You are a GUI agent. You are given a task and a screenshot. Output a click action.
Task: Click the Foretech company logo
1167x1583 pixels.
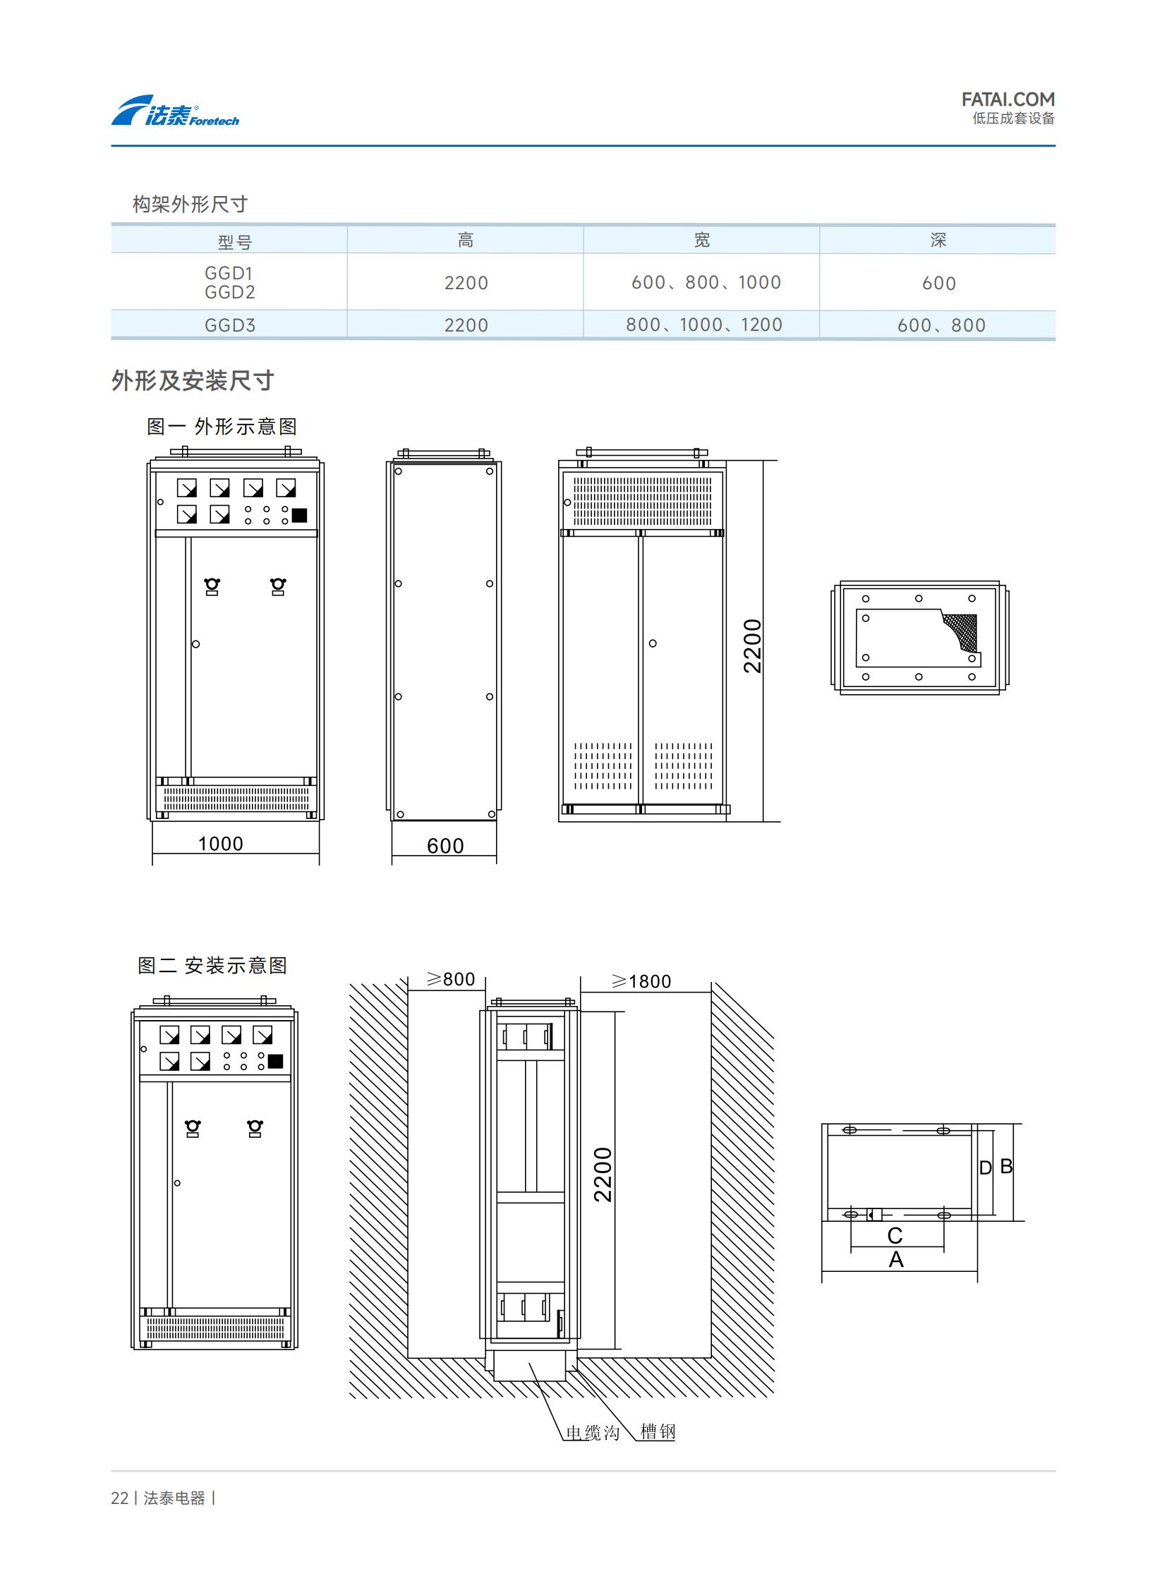click(x=175, y=111)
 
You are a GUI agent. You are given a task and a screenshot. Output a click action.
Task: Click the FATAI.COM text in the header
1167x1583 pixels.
click(x=1008, y=99)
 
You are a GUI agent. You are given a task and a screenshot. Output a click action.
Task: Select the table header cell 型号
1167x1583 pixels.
click(x=234, y=242)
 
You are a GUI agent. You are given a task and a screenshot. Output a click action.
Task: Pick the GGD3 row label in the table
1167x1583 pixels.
click(x=229, y=326)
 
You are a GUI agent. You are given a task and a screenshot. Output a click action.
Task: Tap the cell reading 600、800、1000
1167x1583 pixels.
click(x=706, y=283)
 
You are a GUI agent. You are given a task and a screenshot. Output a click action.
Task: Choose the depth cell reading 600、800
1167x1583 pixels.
click(x=941, y=326)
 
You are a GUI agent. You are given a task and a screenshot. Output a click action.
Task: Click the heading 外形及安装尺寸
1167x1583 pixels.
click(x=192, y=381)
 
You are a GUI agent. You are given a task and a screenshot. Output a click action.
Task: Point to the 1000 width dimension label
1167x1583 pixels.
click(x=220, y=844)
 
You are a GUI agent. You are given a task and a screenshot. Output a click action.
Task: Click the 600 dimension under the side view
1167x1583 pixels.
click(x=445, y=846)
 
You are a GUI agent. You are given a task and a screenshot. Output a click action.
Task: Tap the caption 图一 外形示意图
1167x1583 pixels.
click(x=222, y=427)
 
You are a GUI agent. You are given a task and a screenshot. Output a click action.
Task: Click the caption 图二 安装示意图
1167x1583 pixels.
click(x=212, y=966)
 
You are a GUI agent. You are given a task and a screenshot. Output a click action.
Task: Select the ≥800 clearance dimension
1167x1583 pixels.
click(x=451, y=979)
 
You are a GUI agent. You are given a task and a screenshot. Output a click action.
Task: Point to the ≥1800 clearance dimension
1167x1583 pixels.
click(x=641, y=981)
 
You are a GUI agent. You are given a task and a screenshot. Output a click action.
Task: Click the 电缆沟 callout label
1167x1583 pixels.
click(x=593, y=1433)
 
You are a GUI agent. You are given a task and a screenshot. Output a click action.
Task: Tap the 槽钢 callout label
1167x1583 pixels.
click(x=658, y=1431)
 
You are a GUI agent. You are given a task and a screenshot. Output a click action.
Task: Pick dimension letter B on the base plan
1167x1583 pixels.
click(x=1007, y=1166)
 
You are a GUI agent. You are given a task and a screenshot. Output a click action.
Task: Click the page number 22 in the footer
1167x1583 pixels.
click(x=119, y=1498)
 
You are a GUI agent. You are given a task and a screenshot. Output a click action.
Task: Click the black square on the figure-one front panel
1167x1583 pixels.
click(x=300, y=516)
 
